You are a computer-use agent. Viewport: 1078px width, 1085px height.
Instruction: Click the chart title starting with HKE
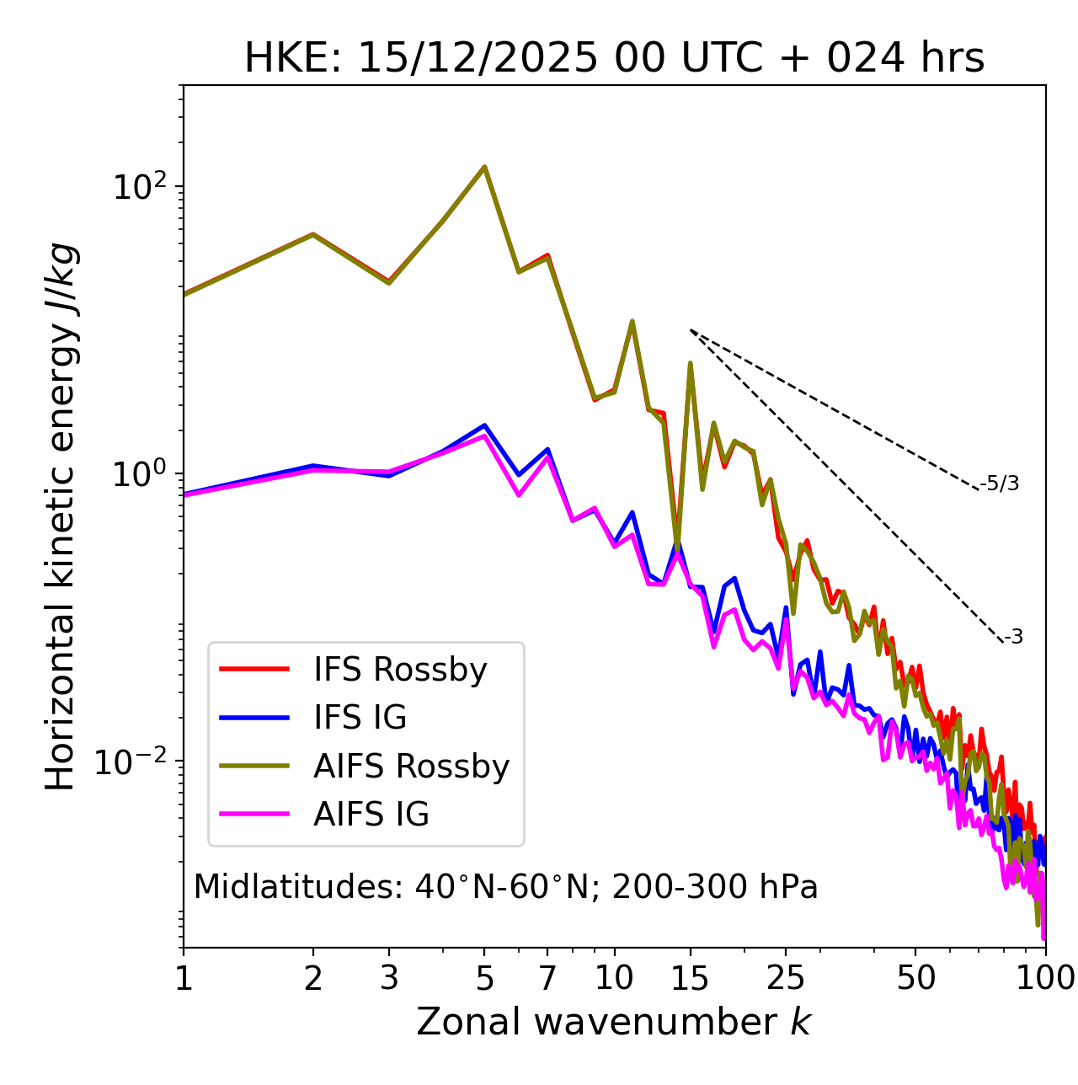614,59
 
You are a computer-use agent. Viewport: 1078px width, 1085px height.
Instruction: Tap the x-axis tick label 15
690,978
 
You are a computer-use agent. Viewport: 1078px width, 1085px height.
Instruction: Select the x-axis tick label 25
786,978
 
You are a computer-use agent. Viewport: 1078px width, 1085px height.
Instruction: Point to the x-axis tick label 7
547,978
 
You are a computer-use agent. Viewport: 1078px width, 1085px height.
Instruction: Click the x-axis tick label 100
1044,978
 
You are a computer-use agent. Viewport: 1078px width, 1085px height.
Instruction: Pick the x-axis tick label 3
388,978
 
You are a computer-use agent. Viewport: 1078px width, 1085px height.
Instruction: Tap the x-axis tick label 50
915,978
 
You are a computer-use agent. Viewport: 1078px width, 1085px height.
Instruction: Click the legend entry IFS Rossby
400,670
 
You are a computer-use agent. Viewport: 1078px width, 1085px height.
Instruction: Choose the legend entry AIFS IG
371,815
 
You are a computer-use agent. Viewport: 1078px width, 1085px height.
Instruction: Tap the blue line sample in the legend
254,718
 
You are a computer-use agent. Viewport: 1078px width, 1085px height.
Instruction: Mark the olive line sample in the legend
254,766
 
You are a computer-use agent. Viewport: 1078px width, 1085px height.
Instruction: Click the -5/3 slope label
1000,484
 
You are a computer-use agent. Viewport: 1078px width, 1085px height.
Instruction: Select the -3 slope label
1013,638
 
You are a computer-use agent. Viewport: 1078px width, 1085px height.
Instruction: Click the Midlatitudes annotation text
505,887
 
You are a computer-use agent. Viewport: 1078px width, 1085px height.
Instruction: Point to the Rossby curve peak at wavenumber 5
484,167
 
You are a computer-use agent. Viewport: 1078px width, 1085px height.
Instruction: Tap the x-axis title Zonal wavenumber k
614,1023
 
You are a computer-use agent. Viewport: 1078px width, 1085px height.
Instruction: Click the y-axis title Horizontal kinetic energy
61,517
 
